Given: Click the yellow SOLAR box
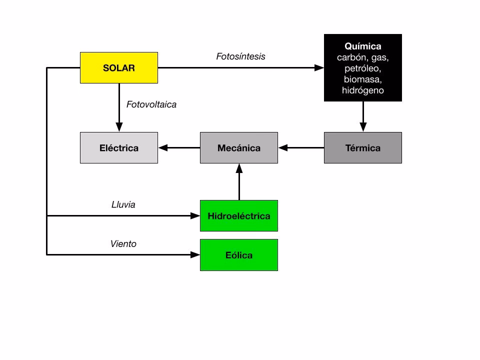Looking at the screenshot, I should [119, 67].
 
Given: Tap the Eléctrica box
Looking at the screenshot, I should [119, 148].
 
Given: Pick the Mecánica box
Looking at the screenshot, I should [239, 148].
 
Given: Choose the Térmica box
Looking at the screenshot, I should [362, 148].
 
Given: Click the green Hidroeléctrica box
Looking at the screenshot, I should [239, 216].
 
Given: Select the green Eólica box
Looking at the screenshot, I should [239, 255].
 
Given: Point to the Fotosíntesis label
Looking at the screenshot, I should [240, 56].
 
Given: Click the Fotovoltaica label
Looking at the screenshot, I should [151, 104].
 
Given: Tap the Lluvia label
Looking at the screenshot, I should [123, 204].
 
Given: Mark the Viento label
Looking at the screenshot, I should [123, 243].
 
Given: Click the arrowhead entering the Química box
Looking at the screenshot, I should [318, 67].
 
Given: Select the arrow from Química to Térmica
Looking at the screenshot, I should [363, 117].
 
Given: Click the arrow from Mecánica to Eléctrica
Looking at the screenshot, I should [179, 148].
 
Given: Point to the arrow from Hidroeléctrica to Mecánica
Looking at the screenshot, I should [239, 182].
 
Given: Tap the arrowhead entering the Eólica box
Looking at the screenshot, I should [195, 254].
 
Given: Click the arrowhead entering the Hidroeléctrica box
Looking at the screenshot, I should [195, 215].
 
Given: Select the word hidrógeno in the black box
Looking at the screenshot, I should [362, 90].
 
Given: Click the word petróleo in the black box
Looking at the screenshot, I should [362, 68].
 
